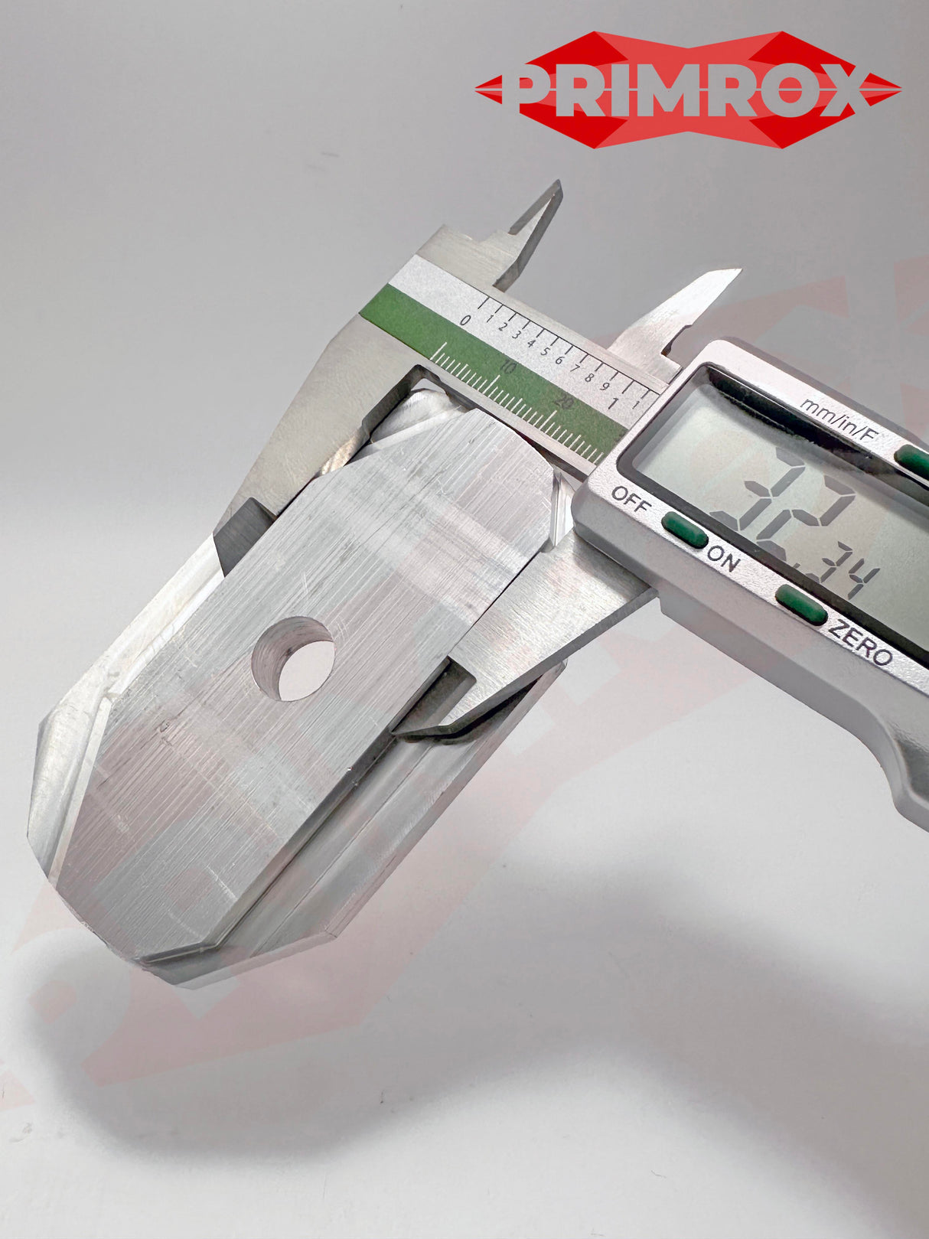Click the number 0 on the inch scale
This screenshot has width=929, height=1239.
[465, 320]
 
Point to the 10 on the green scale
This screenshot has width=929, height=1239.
[506, 368]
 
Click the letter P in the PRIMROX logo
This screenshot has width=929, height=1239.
[528, 89]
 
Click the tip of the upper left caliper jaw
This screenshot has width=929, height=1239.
[558, 185]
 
